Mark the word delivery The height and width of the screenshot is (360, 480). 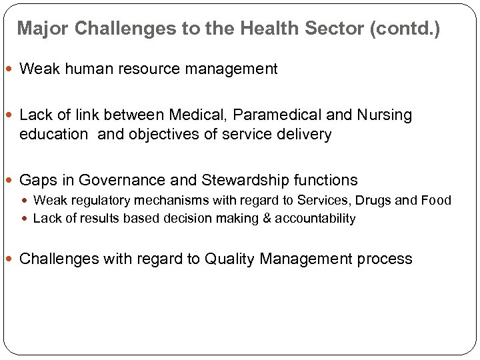pos(303,134)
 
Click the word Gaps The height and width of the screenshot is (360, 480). pos(37,180)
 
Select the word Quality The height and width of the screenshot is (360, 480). pos(232,259)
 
